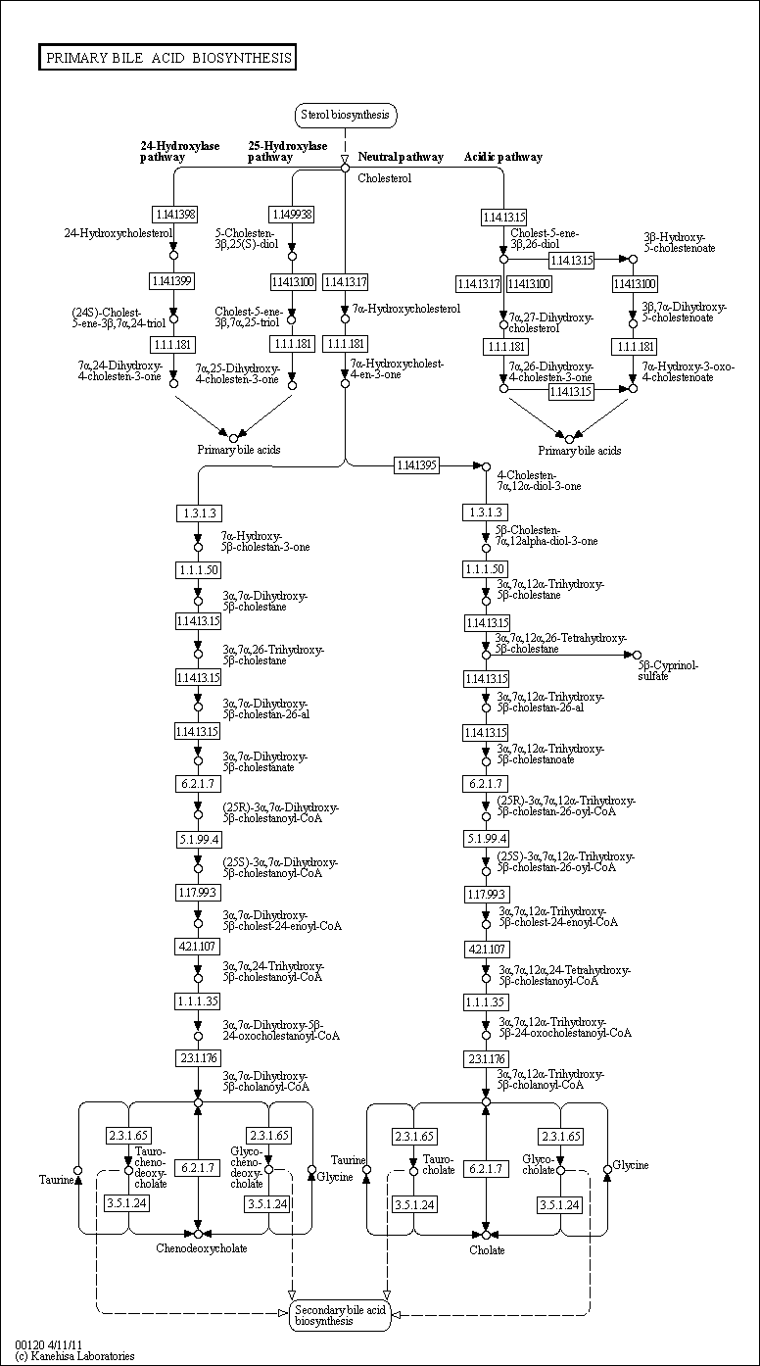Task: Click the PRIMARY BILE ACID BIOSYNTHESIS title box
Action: pyautogui.click(x=168, y=58)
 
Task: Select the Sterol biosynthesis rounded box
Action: pyautogui.click(x=345, y=116)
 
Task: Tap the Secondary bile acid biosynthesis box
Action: pyautogui.click(x=341, y=1315)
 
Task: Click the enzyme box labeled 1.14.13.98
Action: pyautogui.click(x=174, y=214)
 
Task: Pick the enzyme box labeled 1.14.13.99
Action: pyautogui.click(x=174, y=281)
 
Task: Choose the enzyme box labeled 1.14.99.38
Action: pyautogui.click(x=292, y=214)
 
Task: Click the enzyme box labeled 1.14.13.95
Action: pyautogui.click(x=416, y=464)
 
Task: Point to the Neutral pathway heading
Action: pyautogui.click(x=400, y=157)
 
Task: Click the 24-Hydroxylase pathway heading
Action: pyautogui.click(x=179, y=151)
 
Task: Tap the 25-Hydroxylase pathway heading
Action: pyautogui.click(x=286, y=151)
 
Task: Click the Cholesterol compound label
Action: pyautogui.click(x=384, y=178)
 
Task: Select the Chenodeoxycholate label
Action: pyautogui.click(x=201, y=1248)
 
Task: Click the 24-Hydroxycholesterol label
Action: pyautogui.click(x=118, y=233)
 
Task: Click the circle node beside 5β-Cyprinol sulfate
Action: pyautogui.click(x=636, y=655)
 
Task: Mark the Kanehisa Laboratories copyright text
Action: pyautogui.click(x=74, y=1356)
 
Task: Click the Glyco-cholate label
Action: pyautogui.click(x=538, y=1163)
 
